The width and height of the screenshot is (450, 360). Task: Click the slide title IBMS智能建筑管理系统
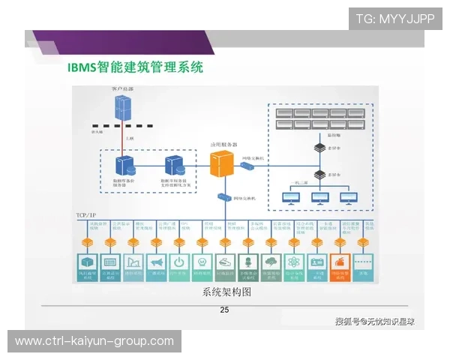(136, 67)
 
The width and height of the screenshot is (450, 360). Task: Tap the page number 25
(224, 310)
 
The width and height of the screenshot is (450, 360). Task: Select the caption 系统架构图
(224, 291)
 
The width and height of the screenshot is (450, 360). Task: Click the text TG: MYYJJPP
(394, 19)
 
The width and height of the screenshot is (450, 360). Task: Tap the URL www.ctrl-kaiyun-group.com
(94, 341)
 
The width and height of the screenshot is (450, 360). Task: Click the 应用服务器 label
(223, 144)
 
